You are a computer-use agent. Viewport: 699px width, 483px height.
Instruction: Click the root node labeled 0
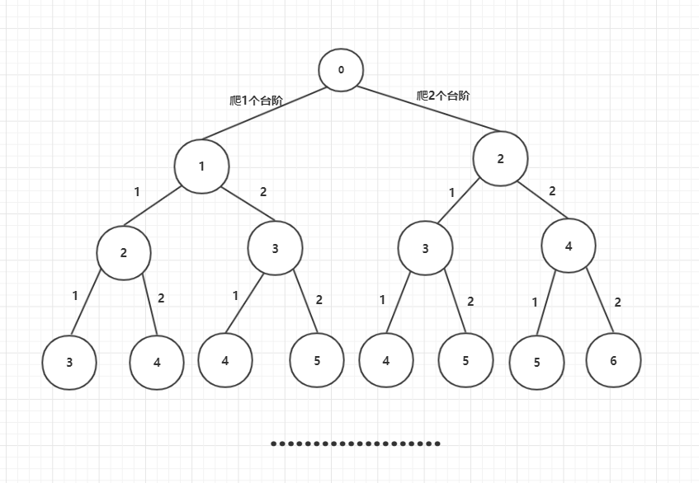click(x=341, y=69)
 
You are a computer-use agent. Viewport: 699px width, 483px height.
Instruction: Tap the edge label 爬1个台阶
click(x=256, y=101)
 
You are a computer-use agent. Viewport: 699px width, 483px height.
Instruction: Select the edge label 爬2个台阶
click(x=443, y=96)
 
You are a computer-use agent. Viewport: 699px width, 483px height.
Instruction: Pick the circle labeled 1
click(x=201, y=166)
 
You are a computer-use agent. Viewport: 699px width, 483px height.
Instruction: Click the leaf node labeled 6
click(x=613, y=360)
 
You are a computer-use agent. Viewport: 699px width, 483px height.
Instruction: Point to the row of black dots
click(x=356, y=443)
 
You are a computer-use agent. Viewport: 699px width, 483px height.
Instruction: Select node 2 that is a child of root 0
click(x=500, y=159)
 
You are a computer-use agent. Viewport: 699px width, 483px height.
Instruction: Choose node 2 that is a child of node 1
click(x=124, y=252)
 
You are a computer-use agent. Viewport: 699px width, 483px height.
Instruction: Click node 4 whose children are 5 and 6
click(x=569, y=245)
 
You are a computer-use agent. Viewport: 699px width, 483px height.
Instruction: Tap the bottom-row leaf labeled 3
click(x=69, y=361)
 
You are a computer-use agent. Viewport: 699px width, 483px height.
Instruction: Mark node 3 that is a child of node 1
click(x=275, y=248)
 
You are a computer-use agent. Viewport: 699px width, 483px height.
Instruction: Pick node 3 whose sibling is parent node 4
click(x=425, y=248)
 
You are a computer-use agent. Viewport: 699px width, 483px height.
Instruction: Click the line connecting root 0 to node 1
click(x=260, y=112)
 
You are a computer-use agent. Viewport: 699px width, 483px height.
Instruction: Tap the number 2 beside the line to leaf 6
click(x=617, y=302)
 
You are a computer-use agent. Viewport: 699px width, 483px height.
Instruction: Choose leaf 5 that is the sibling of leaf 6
click(x=536, y=361)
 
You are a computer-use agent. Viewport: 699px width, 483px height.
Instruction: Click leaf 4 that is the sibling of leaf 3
click(x=157, y=361)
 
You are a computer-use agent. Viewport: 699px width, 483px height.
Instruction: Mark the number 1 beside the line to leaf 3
click(x=75, y=295)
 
